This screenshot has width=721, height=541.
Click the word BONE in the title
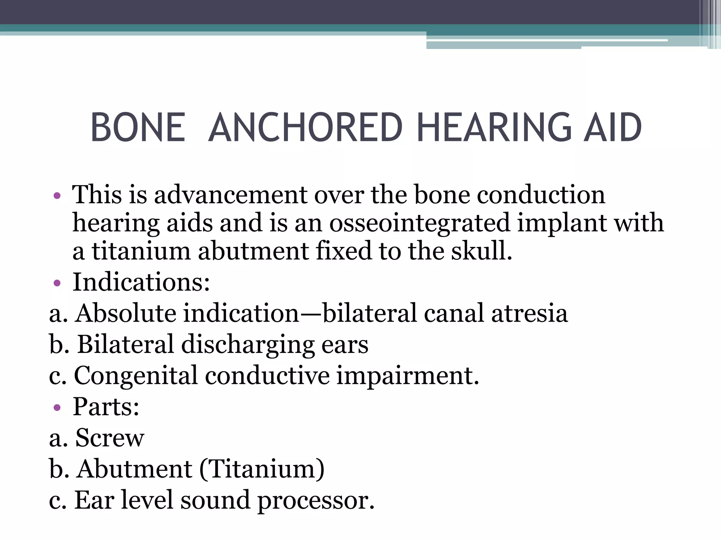click(x=138, y=128)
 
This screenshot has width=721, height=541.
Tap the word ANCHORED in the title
click(x=305, y=128)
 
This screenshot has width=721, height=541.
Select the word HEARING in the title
click(x=494, y=128)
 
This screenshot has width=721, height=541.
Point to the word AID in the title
click(x=613, y=128)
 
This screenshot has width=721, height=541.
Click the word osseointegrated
click(x=419, y=223)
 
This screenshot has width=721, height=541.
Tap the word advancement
click(x=231, y=195)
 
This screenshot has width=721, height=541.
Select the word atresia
click(x=529, y=313)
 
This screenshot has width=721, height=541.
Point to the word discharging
click(x=248, y=344)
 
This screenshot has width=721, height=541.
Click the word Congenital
click(x=136, y=376)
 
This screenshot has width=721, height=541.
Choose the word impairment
click(x=407, y=376)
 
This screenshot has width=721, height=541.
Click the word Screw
click(x=110, y=438)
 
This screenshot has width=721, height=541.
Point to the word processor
click(x=316, y=500)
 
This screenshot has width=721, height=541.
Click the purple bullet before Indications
click(x=57, y=283)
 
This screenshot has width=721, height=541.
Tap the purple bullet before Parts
click(x=57, y=408)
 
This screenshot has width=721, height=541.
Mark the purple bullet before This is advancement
click(x=57, y=196)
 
